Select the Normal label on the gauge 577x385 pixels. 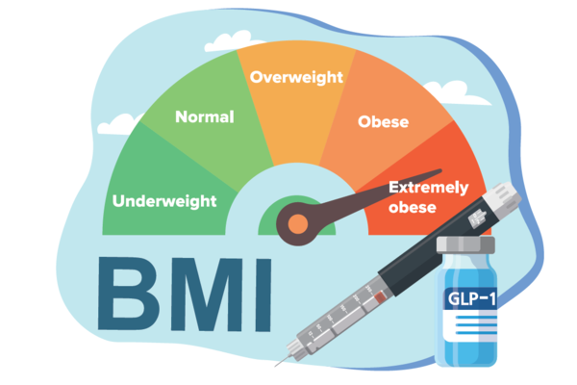204,117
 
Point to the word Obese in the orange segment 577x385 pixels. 383,122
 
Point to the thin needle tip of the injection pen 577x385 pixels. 280,364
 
